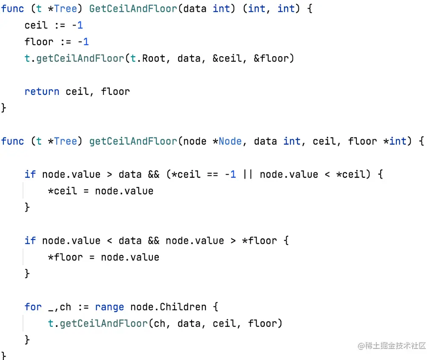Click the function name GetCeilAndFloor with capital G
(x=133, y=9)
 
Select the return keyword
(x=42, y=91)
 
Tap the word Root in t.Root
(x=153, y=58)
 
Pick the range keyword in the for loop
(x=109, y=307)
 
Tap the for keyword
(x=33, y=307)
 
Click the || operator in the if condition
(x=247, y=174)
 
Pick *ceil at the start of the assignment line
(x=62, y=191)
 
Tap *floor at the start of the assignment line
(x=65, y=257)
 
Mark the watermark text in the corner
(x=392, y=346)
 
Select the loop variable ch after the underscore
(x=65, y=307)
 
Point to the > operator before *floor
(x=233, y=241)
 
